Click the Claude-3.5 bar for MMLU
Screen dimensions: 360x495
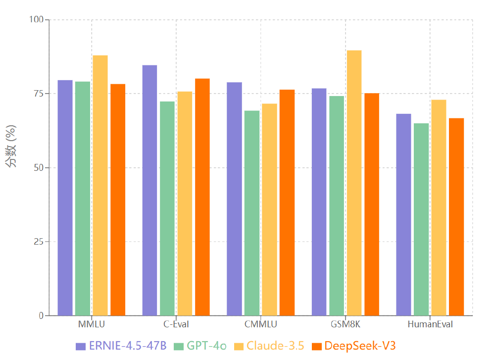click(x=100, y=185)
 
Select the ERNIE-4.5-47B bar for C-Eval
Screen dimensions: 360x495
click(x=149, y=190)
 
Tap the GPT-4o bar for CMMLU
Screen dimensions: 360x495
click(x=252, y=213)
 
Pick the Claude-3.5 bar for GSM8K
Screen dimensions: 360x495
click(x=354, y=183)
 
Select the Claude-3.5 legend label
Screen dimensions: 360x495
click(x=275, y=346)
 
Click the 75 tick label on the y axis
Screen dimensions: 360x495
click(x=39, y=94)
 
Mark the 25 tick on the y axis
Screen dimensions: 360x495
click(x=39, y=242)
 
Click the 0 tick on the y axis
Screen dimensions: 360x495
click(x=41, y=315)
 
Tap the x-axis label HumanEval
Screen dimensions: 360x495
click(x=430, y=325)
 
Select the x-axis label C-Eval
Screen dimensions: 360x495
click(x=176, y=325)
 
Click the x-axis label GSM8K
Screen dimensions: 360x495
click(x=345, y=325)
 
